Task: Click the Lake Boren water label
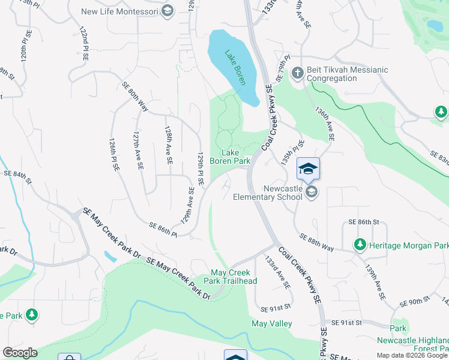[235, 68]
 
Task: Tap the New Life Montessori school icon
[167, 11]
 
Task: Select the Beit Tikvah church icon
[297, 74]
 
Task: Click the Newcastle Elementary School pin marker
[308, 169]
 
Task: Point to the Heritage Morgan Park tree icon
[360, 245]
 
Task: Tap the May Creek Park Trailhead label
[234, 277]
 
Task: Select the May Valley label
[271, 323]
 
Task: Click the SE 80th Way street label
[135, 96]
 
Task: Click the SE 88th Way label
[317, 242]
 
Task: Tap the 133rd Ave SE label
[278, 272]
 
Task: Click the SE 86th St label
[364, 222]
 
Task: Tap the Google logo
[20, 353]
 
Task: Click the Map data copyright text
[412, 355]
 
